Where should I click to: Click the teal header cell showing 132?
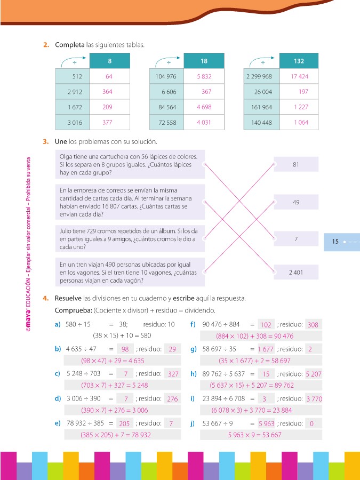(299, 61)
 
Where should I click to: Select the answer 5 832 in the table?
(204, 77)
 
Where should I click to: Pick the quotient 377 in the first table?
(108, 122)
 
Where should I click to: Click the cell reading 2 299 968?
(259, 77)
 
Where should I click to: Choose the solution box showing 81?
(296, 164)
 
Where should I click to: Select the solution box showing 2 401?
(296, 273)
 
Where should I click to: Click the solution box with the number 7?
(296, 239)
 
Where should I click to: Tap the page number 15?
(335, 242)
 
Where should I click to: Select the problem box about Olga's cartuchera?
(130, 164)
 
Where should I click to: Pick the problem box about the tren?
(130, 272)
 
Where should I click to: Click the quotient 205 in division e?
(125, 423)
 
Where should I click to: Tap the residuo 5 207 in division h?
(314, 374)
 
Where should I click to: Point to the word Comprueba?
(74, 310)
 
